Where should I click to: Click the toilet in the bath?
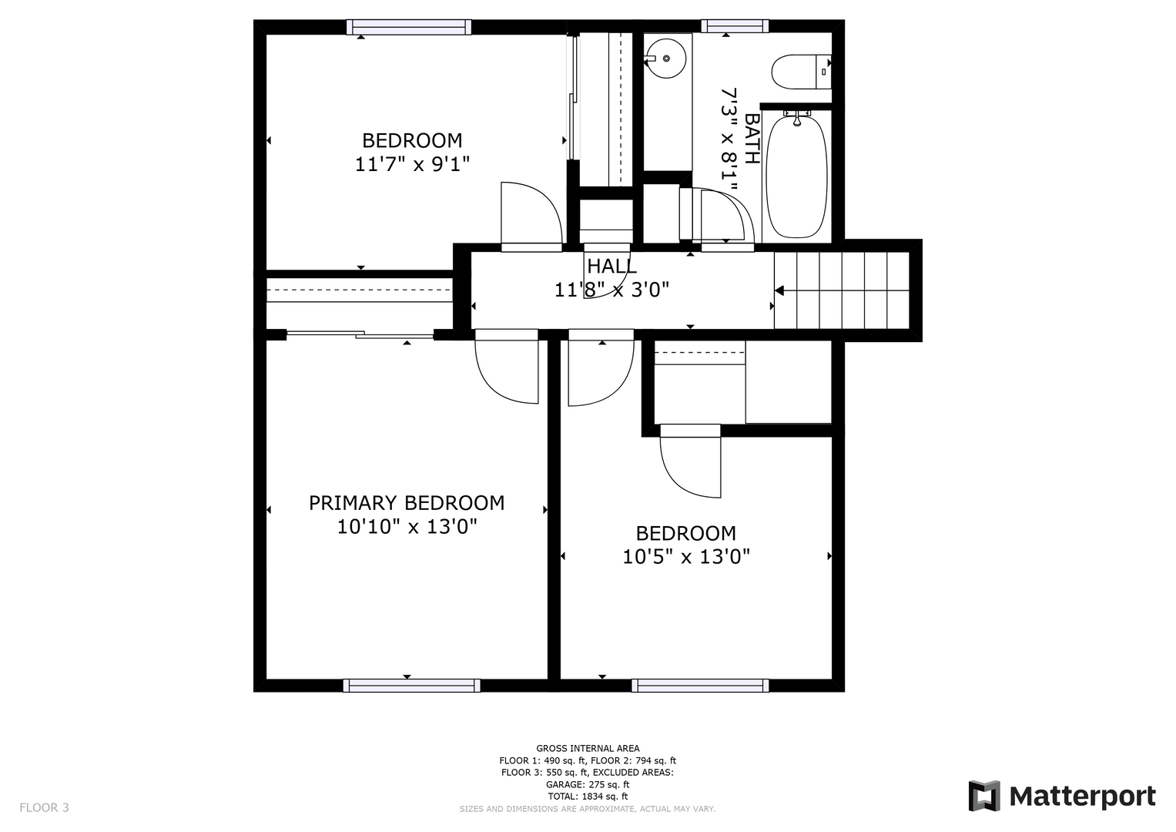tap(801, 72)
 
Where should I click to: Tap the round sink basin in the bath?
tap(665, 59)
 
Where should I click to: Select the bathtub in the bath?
tap(796, 176)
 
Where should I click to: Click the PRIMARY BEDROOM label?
tap(407, 502)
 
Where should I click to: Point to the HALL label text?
tap(611, 267)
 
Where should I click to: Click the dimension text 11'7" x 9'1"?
tap(412, 164)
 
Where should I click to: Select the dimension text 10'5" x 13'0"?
tap(686, 556)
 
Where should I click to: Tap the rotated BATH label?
tap(752, 139)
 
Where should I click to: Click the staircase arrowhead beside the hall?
tap(779, 290)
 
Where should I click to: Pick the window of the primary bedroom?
tap(411, 686)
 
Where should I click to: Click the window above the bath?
tap(735, 26)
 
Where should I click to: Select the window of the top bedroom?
tap(408, 27)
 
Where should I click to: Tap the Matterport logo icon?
tap(983, 796)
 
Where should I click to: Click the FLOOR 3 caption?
tap(44, 807)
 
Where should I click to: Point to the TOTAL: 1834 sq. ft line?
tap(588, 797)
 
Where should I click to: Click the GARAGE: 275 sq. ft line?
tap(588, 785)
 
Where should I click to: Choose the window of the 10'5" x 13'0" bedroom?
tap(700, 686)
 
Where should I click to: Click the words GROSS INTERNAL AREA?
tap(588, 749)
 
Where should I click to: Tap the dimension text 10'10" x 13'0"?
tap(407, 526)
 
